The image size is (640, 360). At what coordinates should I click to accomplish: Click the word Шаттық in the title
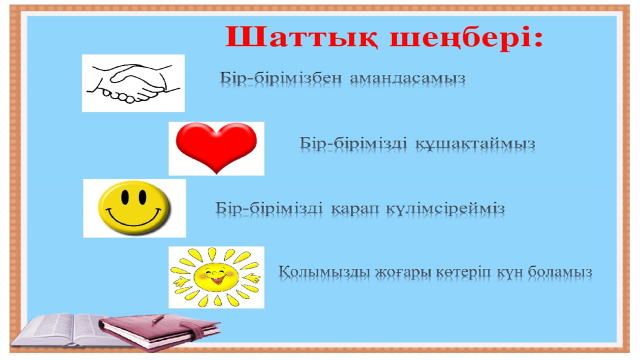tap(302, 38)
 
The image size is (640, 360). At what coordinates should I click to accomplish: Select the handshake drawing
tap(133, 83)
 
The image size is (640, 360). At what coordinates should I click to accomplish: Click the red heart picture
tap(216, 147)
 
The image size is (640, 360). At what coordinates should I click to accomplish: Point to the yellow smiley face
tap(134, 208)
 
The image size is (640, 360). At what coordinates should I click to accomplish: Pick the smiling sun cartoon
tap(216, 277)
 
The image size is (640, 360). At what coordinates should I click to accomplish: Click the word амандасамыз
tap(407, 78)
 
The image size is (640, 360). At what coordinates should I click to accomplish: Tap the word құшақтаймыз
tap(475, 144)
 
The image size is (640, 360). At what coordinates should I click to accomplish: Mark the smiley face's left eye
tap(125, 197)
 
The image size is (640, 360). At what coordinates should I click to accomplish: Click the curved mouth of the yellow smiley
tap(133, 218)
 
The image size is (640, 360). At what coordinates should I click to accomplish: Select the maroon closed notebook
tap(160, 330)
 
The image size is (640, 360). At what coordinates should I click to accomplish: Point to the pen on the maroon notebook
tap(158, 319)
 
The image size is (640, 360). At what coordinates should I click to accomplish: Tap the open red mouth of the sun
tap(217, 280)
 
